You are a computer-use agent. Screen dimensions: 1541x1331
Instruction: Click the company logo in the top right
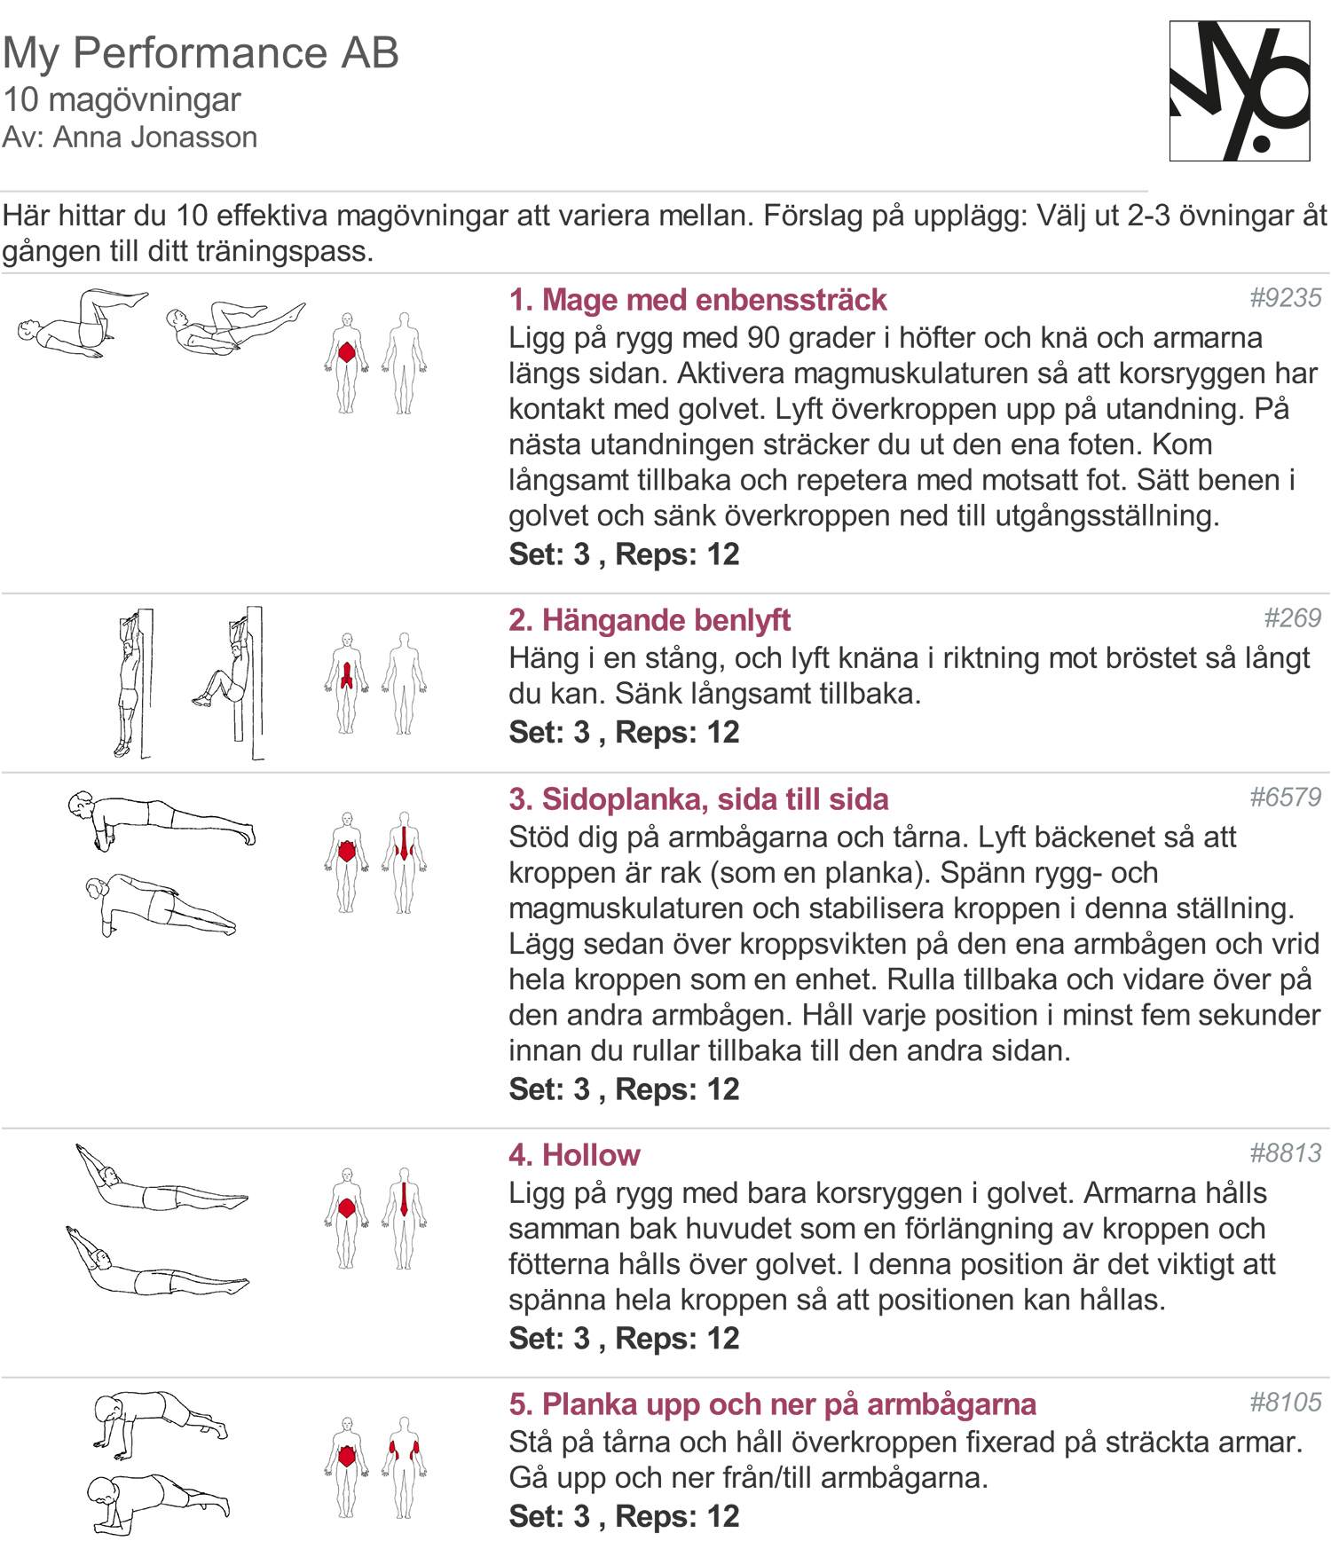[1240, 91]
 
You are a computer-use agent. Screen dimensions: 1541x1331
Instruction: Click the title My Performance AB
[201, 53]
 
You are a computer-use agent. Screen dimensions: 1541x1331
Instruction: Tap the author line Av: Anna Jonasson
[130, 138]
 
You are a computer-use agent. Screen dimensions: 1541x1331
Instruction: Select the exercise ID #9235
[1285, 298]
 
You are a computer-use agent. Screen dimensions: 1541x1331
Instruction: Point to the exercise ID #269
[1292, 618]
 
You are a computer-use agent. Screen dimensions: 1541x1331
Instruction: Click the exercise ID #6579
[1285, 798]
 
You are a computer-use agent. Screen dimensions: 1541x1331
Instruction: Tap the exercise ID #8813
[1285, 1153]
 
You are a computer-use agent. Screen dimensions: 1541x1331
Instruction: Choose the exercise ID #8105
[1285, 1403]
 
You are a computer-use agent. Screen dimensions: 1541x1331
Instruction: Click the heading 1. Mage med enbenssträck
[697, 300]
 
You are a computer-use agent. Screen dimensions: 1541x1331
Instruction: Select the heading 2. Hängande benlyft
[649, 620]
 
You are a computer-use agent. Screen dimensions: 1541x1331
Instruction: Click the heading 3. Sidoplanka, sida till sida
[698, 799]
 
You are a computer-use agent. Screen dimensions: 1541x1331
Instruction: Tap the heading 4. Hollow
[574, 1155]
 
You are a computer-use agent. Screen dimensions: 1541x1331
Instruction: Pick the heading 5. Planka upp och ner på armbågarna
[772, 1404]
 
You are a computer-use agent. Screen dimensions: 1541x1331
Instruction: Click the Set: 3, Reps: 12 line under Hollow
[624, 1338]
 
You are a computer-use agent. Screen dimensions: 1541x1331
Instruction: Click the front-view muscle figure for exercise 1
[347, 363]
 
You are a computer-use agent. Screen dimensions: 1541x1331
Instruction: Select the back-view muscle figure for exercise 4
[405, 1218]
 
